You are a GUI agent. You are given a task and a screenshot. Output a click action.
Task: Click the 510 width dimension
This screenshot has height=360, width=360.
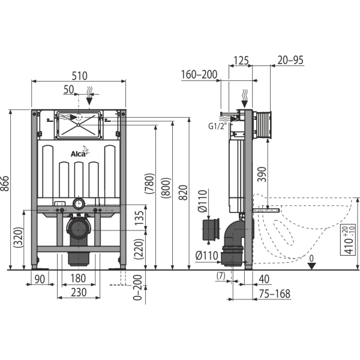tap(79, 76)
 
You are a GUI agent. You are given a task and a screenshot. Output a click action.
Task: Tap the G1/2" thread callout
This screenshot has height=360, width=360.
tap(217, 126)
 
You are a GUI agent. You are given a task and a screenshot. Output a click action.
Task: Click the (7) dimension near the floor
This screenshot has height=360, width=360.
tap(221, 276)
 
